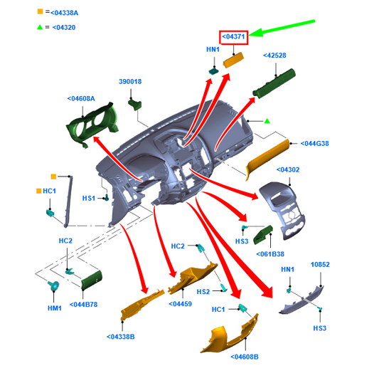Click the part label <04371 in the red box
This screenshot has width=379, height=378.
coord(233,37)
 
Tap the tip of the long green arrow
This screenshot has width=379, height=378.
coord(249,36)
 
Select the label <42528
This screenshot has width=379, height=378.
coord(274,56)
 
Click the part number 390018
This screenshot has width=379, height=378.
coord(130,82)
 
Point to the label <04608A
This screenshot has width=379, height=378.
coord(81,99)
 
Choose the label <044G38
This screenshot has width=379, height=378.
coord(314,144)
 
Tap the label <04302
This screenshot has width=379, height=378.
coord(288,169)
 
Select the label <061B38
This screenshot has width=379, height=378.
coord(270,254)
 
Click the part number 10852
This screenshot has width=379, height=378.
coord(320,265)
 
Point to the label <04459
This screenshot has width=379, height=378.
coord(181,304)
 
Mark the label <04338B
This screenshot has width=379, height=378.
coord(121,337)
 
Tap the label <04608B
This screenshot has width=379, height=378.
coord(245,357)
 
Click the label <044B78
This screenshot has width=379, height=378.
coord(83,305)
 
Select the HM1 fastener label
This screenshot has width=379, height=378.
coord(55,308)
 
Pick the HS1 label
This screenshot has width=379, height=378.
coord(89,199)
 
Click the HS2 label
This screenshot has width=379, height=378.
coord(203,292)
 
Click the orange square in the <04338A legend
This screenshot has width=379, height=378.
coord(40,11)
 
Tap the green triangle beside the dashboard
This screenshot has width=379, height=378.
coord(267,121)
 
